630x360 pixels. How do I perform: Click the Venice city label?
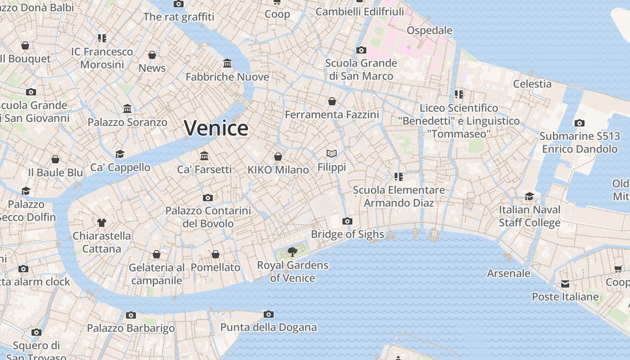pos(216,128)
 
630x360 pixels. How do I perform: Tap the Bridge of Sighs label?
pos(347,234)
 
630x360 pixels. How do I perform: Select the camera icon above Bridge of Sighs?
pos(347,221)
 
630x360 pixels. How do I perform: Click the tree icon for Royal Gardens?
pos(292,252)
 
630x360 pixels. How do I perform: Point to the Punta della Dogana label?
pos(268,327)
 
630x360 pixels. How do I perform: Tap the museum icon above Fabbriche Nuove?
pos(227,63)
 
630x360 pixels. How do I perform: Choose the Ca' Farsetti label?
pos(204,169)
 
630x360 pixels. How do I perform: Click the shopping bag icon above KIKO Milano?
pos(278,157)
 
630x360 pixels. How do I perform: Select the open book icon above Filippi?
pos(332,154)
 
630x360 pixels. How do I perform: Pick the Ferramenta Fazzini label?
pos(332,115)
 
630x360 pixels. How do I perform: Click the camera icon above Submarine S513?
pos(580,123)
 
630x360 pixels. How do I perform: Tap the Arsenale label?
pos(508,273)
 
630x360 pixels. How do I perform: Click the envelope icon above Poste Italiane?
pos(565,284)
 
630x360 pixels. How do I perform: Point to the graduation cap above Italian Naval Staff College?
pos(529,197)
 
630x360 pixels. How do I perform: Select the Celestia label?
pos(532,84)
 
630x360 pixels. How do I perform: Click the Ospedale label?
pos(429,30)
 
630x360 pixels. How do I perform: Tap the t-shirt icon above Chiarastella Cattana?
pos(102,222)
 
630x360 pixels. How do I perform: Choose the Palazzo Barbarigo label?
pos(130,328)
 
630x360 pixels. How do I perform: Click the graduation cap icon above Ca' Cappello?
pos(120,154)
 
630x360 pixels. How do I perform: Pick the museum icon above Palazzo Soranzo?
pos(127,109)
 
